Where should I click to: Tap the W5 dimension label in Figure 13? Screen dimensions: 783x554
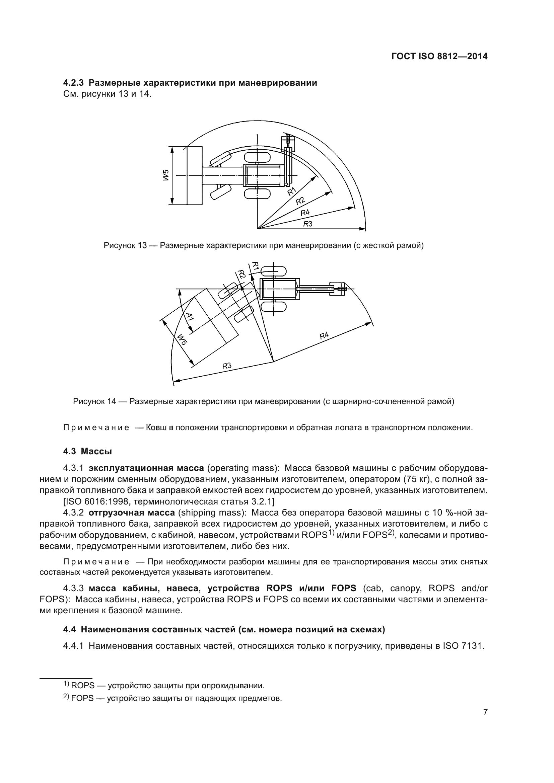click(x=166, y=176)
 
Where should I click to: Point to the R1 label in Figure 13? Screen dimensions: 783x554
click(x=291, y=192)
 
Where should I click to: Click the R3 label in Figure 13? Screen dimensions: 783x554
click(x=308, y=224)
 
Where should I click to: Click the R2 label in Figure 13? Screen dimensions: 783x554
click(x=300, y=201)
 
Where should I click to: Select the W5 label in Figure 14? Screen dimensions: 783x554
click(x=181, y=340)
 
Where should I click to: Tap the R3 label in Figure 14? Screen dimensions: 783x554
click(x=227, y=366)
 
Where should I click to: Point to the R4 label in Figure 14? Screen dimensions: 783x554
click(x=324, y=335)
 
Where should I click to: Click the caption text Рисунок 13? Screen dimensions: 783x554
click(x=125, y=245)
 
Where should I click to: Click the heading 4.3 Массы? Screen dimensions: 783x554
click(x=88, y=451)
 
